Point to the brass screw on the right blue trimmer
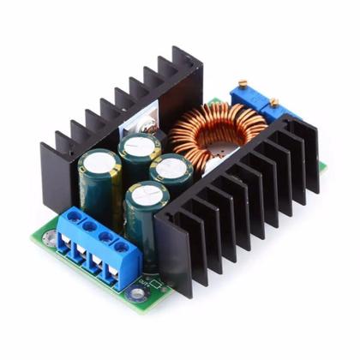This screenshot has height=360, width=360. pos(274,103)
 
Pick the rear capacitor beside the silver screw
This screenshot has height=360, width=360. pos(140,142)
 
